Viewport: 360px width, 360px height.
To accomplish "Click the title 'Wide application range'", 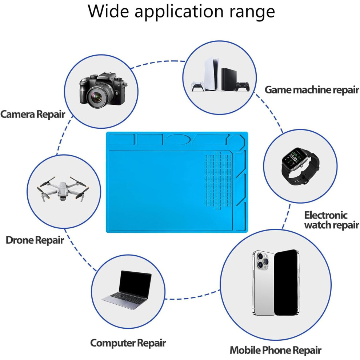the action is point(181,12).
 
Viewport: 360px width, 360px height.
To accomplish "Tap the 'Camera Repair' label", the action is point(33,114).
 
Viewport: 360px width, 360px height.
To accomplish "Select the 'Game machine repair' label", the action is point(312,90).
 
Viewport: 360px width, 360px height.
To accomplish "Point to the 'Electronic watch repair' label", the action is point(331,220).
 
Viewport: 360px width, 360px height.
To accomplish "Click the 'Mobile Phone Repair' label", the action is point(275,350).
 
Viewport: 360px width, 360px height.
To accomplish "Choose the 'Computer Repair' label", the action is point(128,343).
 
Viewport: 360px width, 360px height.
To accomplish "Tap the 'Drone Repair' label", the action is point(35,240).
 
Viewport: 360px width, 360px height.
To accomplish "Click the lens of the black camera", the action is point(97,97).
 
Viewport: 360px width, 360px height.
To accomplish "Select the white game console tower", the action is point(211,73).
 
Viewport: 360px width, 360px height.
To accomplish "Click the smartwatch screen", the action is point(296,158).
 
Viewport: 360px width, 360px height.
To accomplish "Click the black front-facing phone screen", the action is point(286,283).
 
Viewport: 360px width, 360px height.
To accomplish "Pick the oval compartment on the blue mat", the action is point(178,139).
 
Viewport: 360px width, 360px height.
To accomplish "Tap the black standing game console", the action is point(229,79).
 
